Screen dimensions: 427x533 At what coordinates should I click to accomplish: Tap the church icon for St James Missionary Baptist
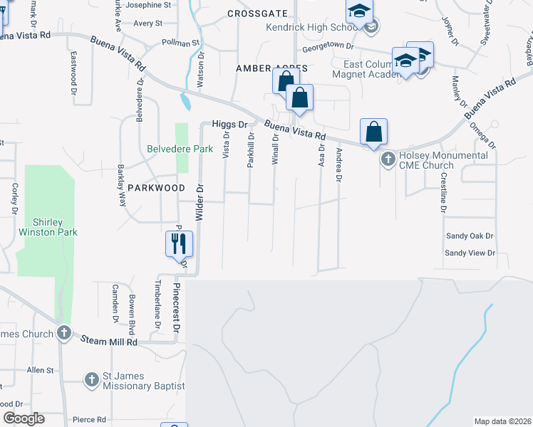[91, 380]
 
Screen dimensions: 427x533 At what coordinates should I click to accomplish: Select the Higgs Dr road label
[229, 124]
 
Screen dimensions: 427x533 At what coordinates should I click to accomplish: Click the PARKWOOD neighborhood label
[156, 188]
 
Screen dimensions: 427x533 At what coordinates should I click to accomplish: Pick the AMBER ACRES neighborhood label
[271, 68]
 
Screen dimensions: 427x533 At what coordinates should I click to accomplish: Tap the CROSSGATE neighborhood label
[257, 14]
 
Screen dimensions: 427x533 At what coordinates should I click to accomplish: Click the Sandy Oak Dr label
[470, 236]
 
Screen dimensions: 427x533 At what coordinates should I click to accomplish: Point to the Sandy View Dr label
[470, 253]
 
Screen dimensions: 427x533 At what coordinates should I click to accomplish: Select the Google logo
[24, 418]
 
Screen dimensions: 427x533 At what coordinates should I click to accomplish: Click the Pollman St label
[180, 43]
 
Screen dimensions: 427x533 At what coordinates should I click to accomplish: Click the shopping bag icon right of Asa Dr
[374, 132]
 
